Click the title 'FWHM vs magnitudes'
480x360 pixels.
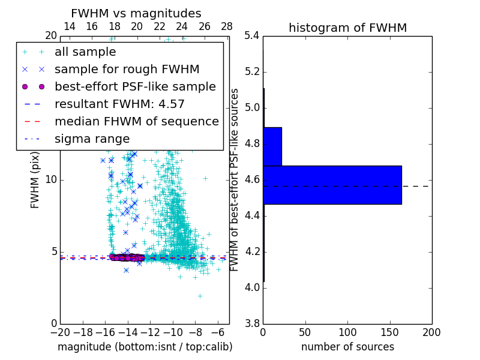136,14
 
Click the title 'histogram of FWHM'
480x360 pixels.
347,28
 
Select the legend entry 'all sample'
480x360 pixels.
85,52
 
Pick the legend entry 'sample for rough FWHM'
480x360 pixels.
127,69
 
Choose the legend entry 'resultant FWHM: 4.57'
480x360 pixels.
119,104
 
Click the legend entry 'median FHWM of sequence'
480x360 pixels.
136,121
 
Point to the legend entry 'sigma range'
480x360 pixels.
92,139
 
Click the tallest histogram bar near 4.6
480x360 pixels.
332,185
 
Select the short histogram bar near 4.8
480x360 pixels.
272,146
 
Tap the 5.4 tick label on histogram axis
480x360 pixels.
251,36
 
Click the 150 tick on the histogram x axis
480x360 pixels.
389,332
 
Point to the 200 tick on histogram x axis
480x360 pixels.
431,332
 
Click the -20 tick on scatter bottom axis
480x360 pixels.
60,332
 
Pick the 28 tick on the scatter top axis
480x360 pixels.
227,26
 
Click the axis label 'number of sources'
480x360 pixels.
347,347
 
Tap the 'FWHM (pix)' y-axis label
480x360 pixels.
35,180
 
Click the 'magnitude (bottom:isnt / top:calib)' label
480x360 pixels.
145,347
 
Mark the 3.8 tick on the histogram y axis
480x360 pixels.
251,324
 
